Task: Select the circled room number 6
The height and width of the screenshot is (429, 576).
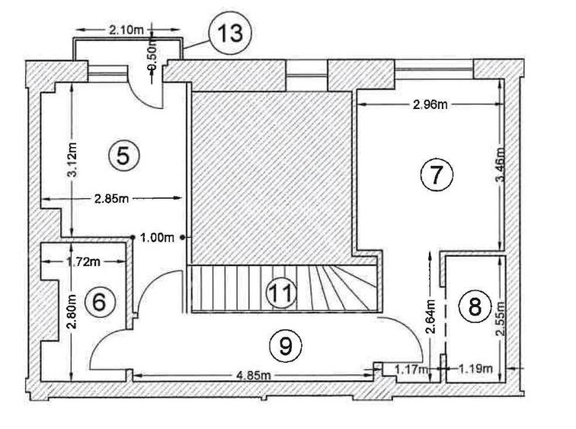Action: pyautogui.click(x=99, y=302)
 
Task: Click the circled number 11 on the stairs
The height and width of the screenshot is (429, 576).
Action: pyautogui.click(x=282, y=293)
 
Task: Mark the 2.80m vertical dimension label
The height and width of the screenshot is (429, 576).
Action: pyautogui.click(x=71, y=312)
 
